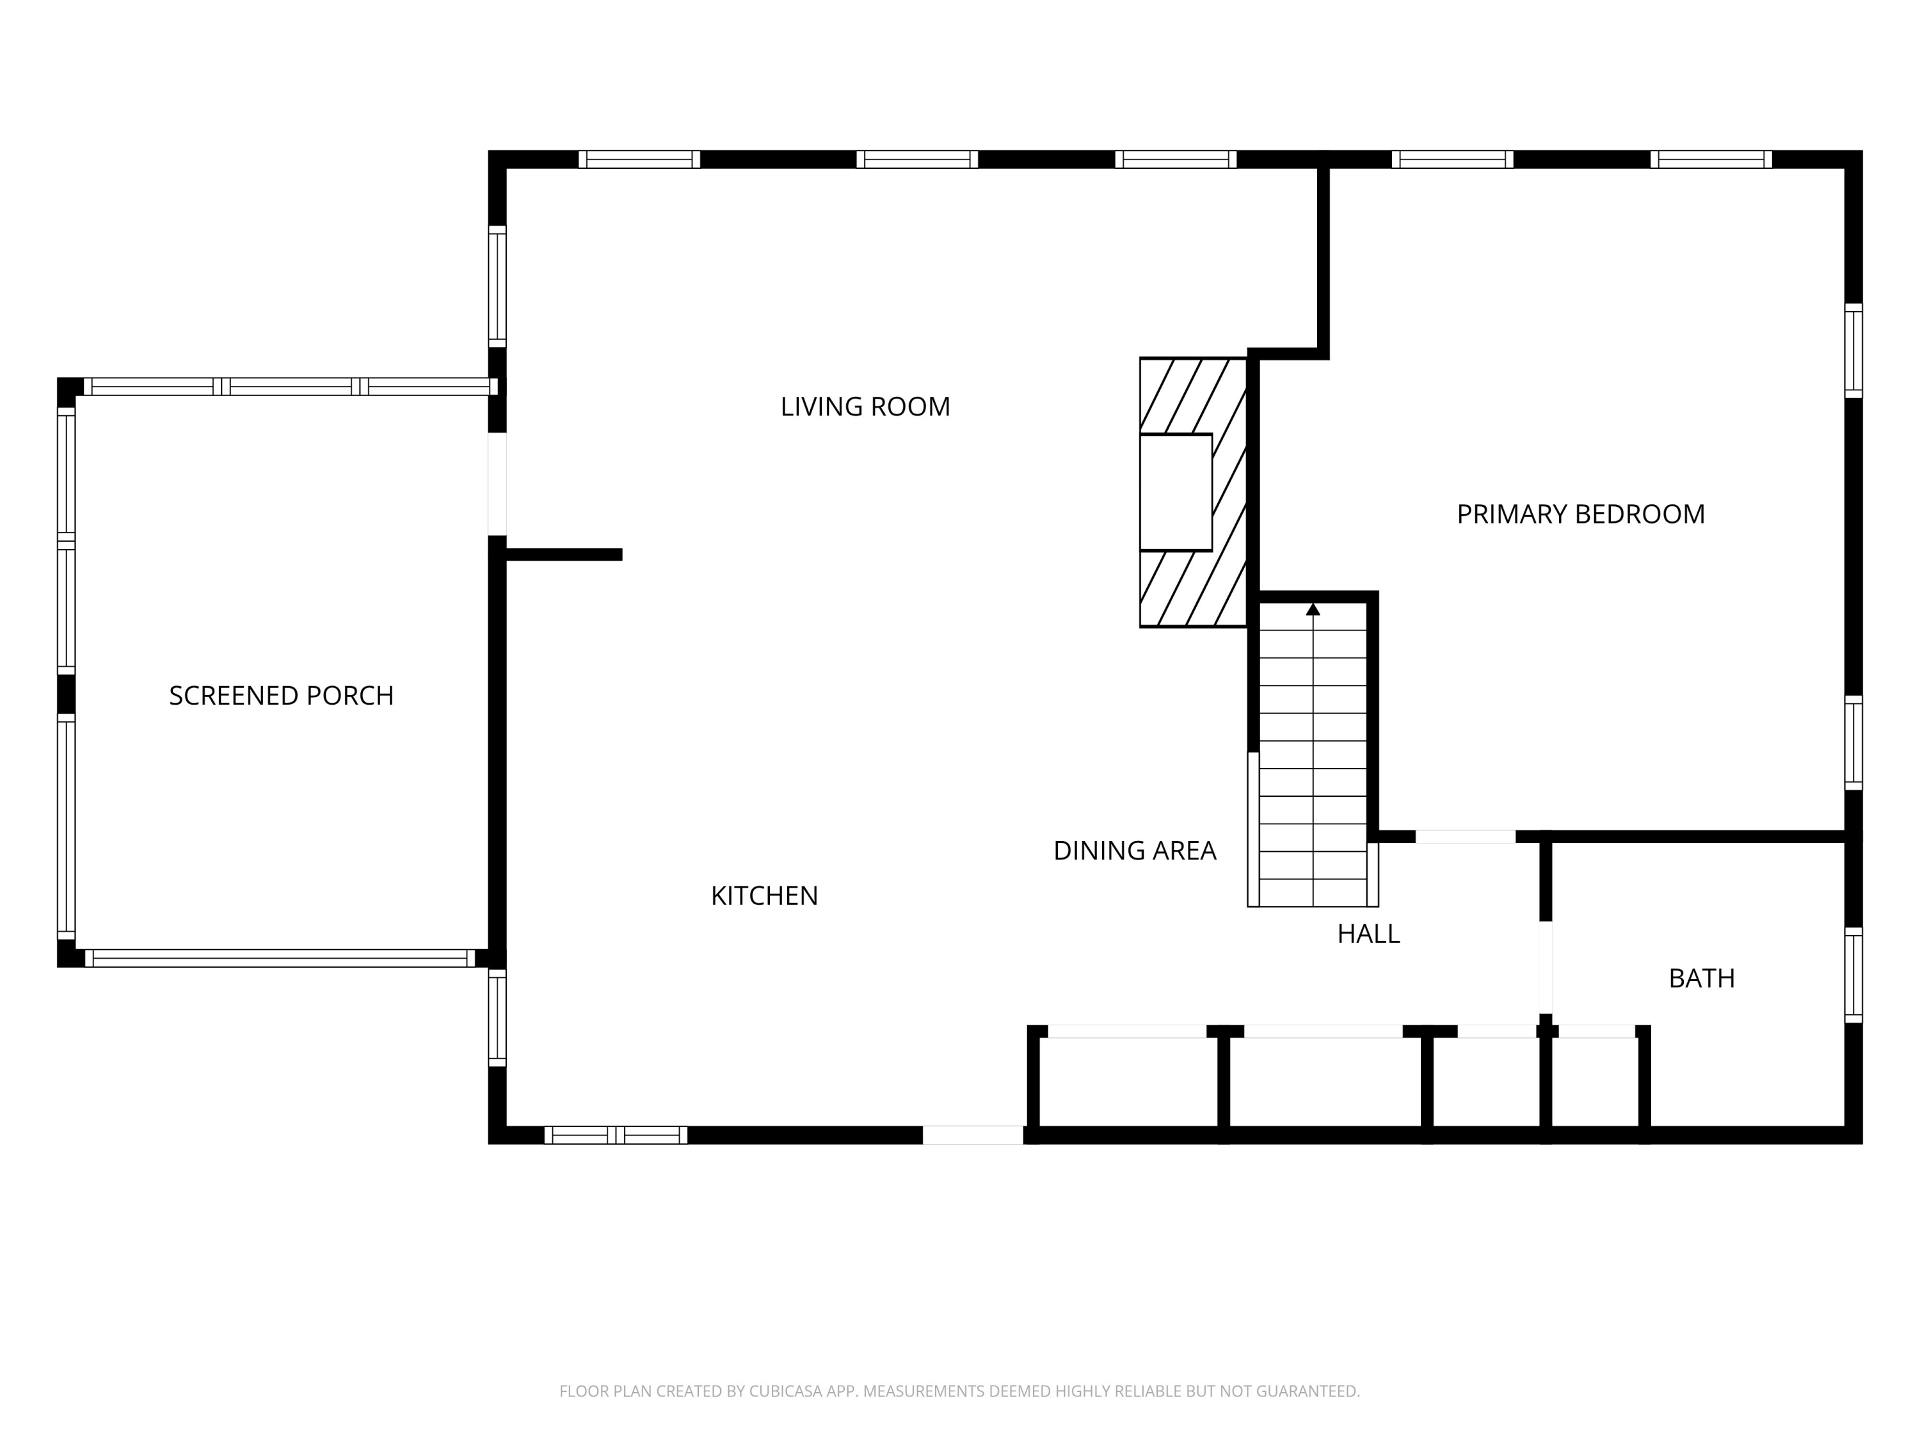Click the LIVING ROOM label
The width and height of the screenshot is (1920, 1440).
[865, 406]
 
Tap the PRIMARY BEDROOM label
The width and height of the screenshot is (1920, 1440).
[1581, 514]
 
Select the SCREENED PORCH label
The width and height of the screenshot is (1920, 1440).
[281, 695]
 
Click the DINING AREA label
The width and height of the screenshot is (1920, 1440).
[1135, 850]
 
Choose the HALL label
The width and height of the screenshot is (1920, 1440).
[1368, 933]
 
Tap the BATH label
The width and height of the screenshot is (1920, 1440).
[1701, 978]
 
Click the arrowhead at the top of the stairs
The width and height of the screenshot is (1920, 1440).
[1313, 609]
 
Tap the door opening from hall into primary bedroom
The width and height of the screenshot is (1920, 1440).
[1465, 836]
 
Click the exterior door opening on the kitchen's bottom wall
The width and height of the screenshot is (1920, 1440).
[973, 1135]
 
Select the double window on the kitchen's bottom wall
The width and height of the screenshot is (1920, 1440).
[616, 1135]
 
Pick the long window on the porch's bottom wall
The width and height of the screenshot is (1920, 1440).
[280, 957]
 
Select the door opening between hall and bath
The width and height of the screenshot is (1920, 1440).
[1546, 967]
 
